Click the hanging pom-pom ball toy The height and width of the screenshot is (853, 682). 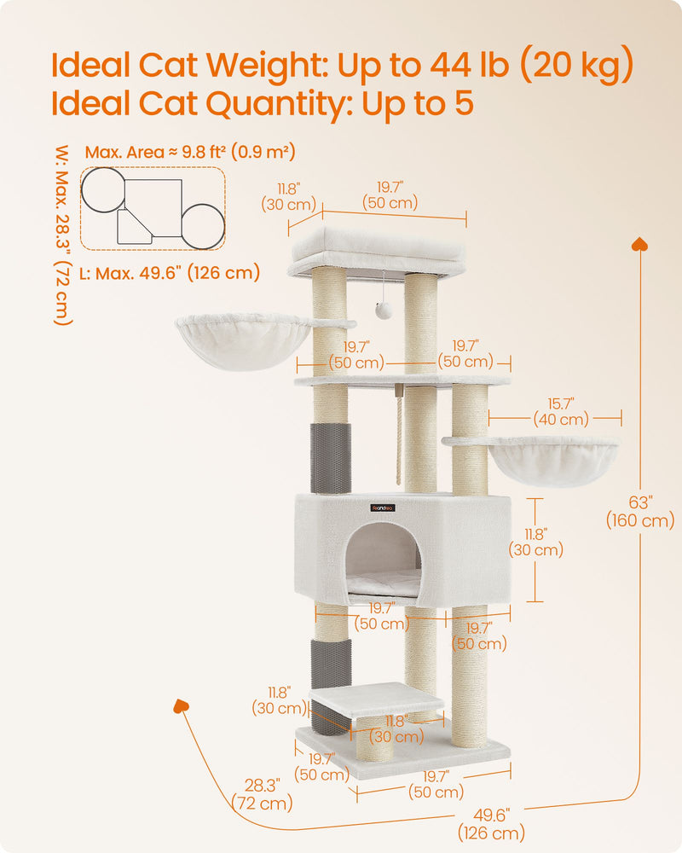[384, 310]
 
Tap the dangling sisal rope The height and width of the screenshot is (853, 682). [397, 435]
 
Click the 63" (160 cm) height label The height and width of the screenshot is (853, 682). [639, 512]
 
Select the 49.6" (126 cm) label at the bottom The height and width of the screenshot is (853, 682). [491, 824]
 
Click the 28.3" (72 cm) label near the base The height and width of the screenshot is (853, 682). [262, 793]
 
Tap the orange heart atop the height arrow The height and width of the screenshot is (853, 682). [639, 245]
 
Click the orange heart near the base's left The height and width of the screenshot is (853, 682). [181, 706]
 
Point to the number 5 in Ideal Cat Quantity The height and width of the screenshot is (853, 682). [461, 104]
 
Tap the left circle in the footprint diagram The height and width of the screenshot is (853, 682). [102, 189]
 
